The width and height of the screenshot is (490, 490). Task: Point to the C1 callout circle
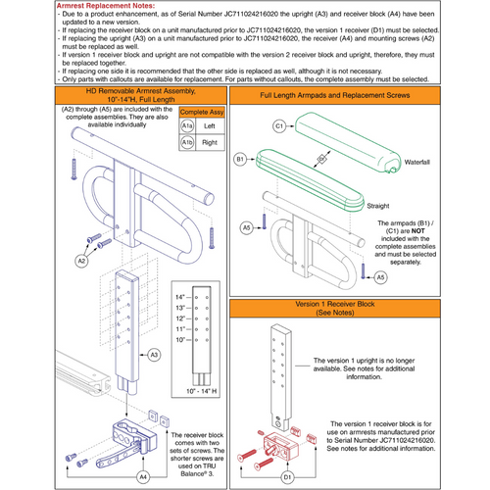(x=279, y=126)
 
